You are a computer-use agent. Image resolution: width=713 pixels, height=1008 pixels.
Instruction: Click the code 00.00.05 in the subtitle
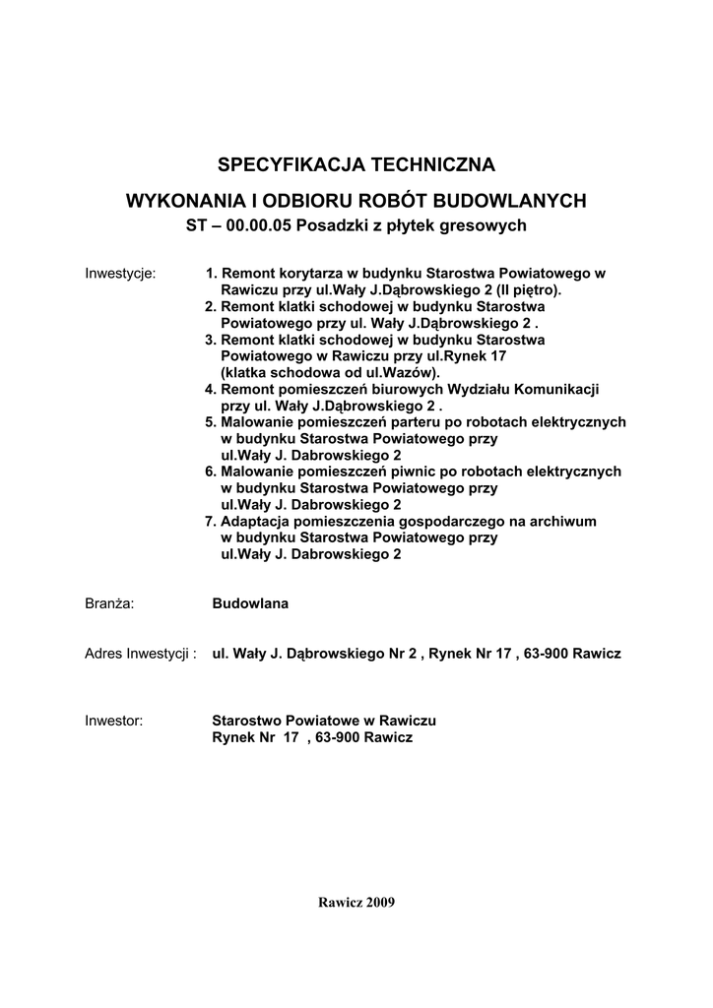click(x=257, y=225)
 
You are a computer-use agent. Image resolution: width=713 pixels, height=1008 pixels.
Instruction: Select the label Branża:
click(x=109, y=603)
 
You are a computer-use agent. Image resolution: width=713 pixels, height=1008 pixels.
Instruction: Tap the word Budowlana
click(x=250, y=603)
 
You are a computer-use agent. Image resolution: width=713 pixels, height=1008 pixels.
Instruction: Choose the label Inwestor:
click(x=114, y=721)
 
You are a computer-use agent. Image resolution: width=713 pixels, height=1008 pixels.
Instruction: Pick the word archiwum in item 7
click(x=562, y=521)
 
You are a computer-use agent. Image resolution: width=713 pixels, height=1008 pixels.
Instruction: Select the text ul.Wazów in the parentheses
click(x=400, y=372)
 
